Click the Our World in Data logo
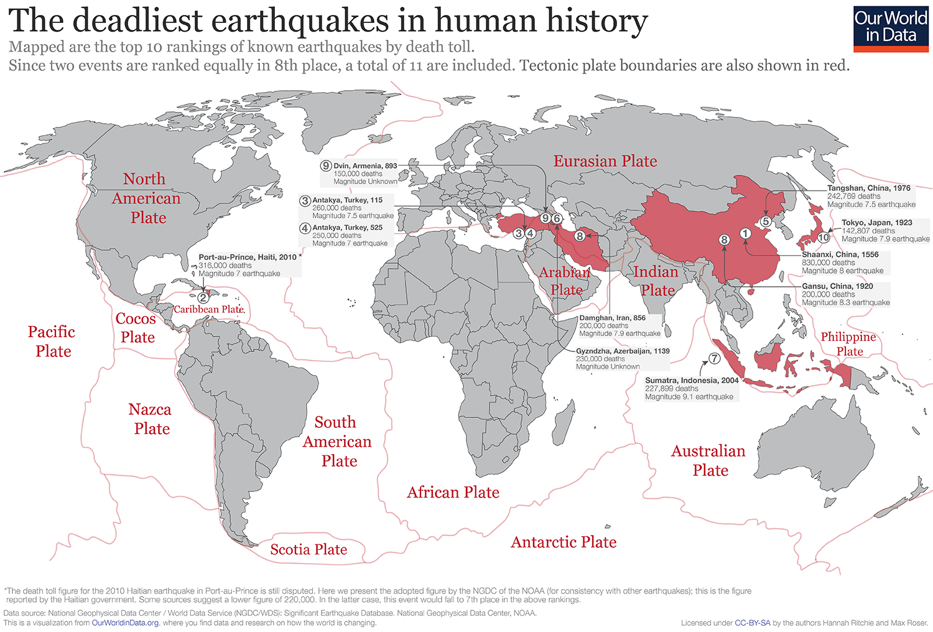891,27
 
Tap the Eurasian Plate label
605,161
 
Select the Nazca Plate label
151,419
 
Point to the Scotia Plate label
309,549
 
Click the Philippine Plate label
848,344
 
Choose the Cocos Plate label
136,328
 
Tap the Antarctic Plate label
564,542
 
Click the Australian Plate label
708,460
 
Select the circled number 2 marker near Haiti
203,298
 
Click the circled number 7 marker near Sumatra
715,358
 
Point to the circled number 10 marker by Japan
824,237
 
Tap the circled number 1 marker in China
745,233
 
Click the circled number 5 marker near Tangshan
766,221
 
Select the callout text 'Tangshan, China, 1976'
868,188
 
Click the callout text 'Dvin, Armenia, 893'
365,166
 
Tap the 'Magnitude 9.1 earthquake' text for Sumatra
689,397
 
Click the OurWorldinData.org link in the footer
125,623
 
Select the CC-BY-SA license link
752,623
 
